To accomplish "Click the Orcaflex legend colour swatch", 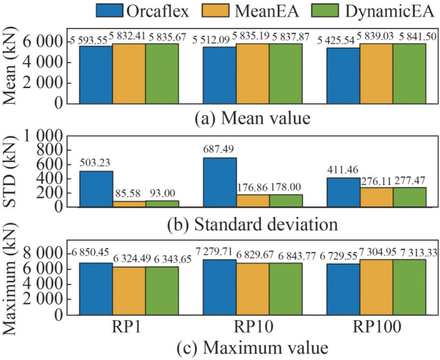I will click(x=109, y=10).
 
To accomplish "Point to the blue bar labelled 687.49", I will click(x=219, y=182).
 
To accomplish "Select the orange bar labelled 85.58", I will click(x=129, y=204).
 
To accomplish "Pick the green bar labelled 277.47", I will click(x=409, y=197).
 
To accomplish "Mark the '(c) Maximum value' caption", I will click(x=253, y=347).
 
